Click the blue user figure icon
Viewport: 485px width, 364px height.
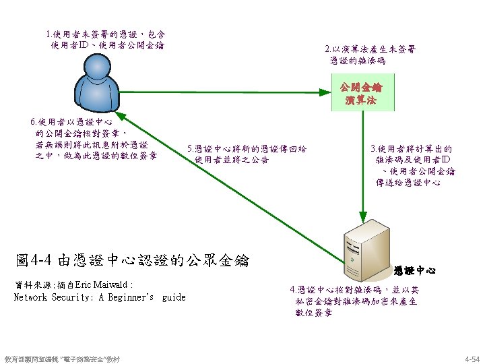pos(100,94)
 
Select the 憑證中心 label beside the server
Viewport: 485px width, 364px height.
pos(415,270)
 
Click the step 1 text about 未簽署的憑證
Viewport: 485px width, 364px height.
pos(106,40)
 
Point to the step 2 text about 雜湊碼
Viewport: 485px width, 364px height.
pos(370,55)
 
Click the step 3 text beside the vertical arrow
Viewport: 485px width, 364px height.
pos(412,165)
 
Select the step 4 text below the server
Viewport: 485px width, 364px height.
pos(353,301)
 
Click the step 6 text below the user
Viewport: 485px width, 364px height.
pos(94,139)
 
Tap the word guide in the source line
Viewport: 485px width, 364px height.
pos(174,297)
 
